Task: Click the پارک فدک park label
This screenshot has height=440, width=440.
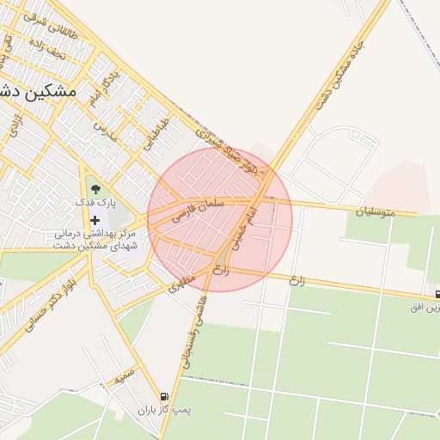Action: (95, 202)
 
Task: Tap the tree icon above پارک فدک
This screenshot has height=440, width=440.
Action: (95, 188)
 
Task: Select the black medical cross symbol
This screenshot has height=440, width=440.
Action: (95, 221)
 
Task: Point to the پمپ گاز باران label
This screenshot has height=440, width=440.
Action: (169, 411)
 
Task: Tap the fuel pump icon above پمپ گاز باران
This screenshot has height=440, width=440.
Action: (163, 396)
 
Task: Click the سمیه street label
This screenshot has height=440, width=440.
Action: (125, 376)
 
